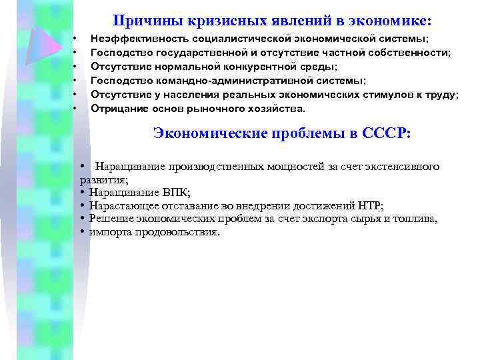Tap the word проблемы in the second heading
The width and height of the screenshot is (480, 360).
coord(293,133)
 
